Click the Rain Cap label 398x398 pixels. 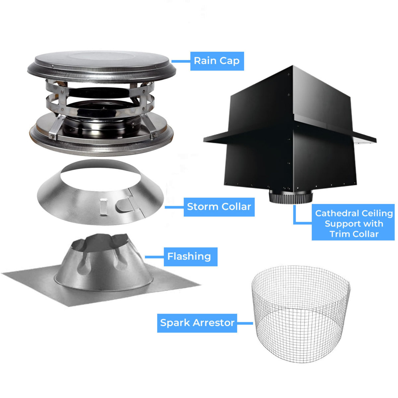(x=217, y=61)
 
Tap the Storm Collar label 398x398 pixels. (x=219, y=207)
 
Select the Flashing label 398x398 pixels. (x=189, y=257)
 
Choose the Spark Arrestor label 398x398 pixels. (x=197, y=323)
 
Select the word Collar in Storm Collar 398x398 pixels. (x=237, y=207)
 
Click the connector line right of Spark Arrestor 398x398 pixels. (x=245, y=323)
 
